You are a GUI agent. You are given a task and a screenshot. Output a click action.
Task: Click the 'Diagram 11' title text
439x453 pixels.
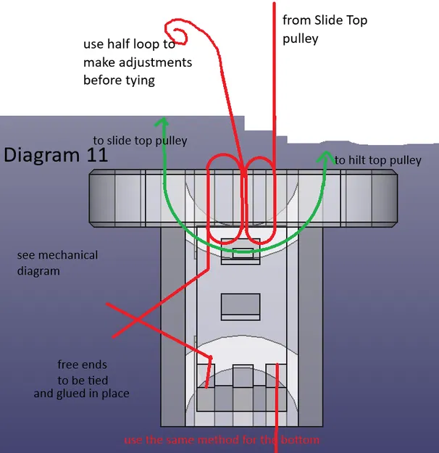pos(56,155)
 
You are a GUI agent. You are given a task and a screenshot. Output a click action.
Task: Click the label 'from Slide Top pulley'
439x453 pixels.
pos(325,29)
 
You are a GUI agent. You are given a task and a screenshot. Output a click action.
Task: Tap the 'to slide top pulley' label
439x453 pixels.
pos(140,140)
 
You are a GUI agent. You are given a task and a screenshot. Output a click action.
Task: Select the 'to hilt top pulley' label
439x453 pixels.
pos(377,159)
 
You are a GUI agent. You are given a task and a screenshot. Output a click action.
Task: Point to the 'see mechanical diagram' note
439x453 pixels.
pos(57,263)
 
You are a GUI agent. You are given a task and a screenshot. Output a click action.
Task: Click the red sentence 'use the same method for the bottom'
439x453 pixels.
pos(222,440)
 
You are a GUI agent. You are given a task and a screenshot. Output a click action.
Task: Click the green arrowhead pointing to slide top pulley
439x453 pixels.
pos(164,124)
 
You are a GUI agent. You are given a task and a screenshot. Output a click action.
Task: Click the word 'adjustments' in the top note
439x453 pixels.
pos(155,62)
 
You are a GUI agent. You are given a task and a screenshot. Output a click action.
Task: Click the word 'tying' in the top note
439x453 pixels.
pos(139,80)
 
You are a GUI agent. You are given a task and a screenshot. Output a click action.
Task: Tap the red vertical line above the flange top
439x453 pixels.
pos(273,87)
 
